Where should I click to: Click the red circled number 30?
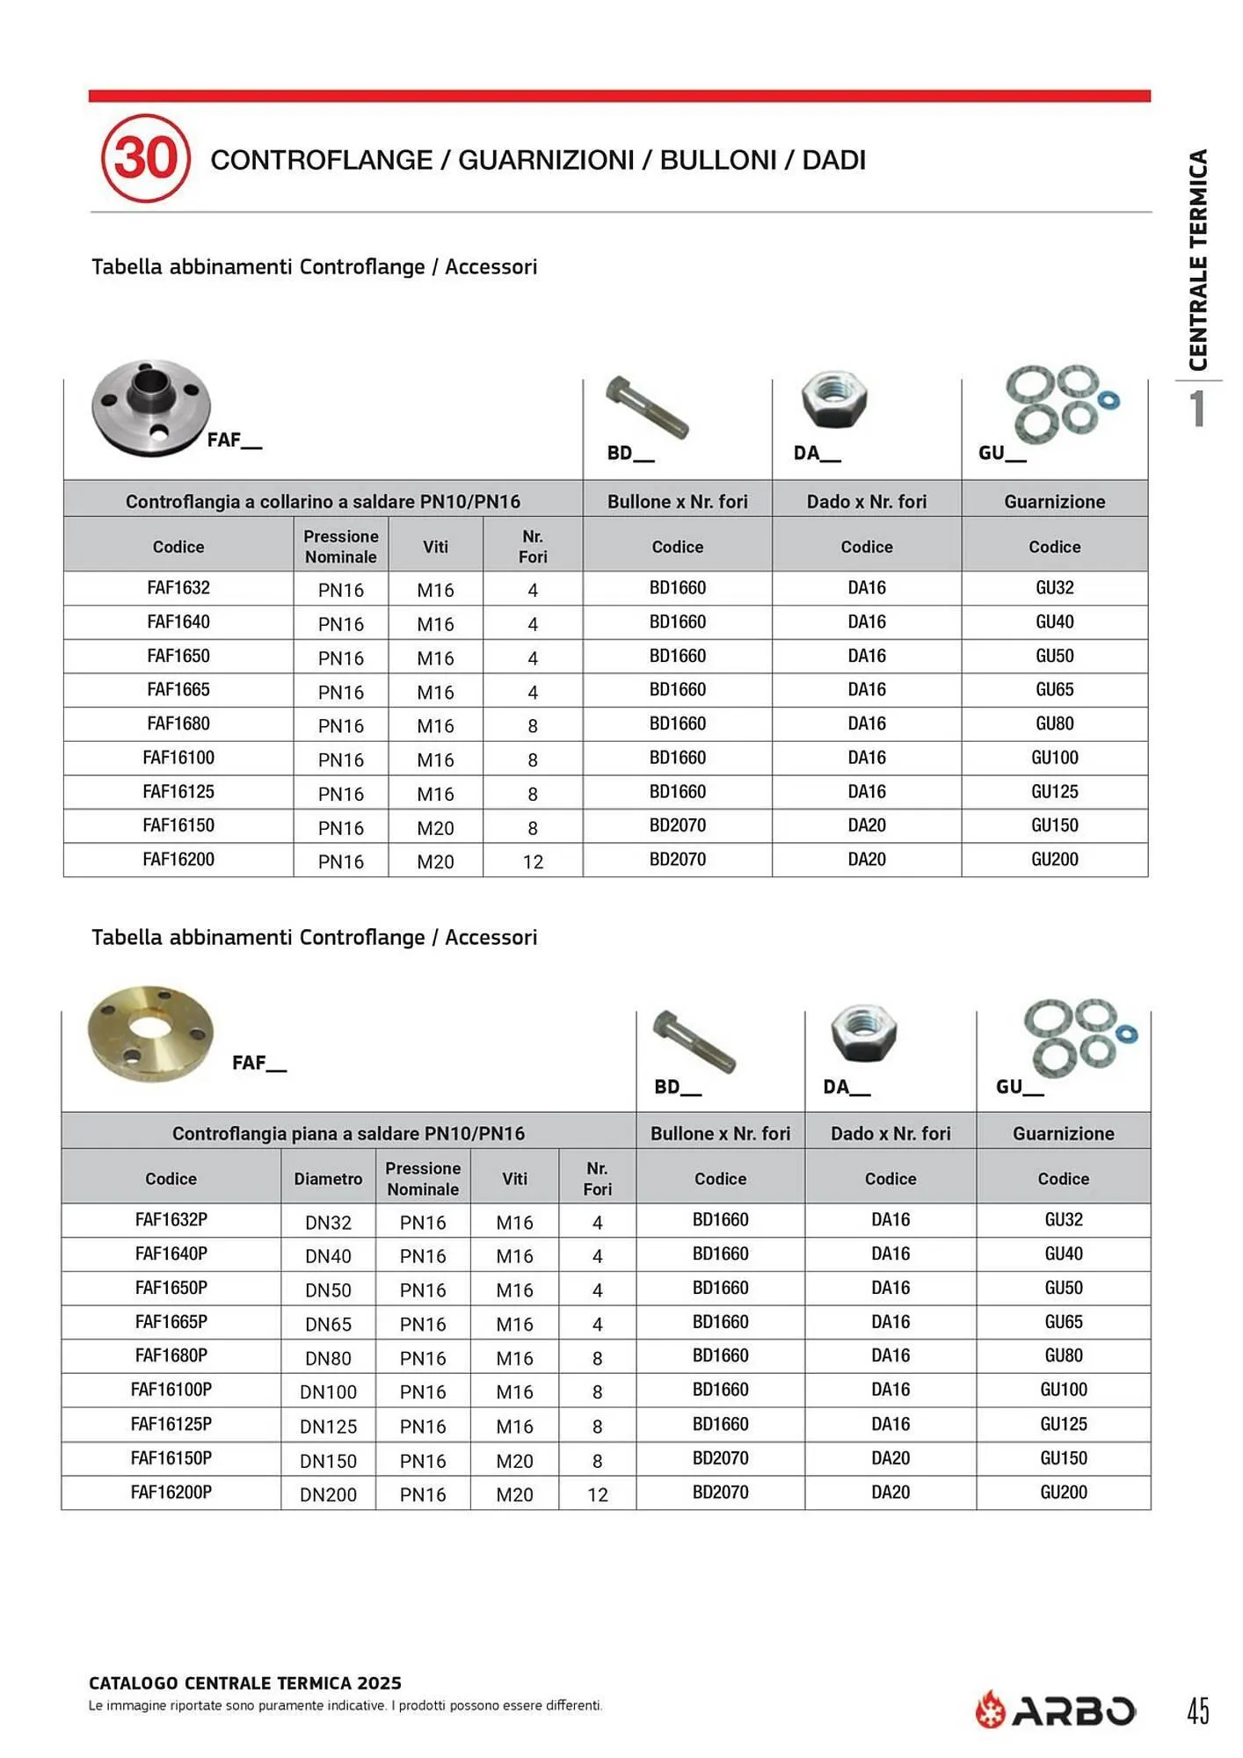pyautogui.click(x=145, y=158)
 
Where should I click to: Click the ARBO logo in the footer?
pyautogui.click(x=1055, y=1711)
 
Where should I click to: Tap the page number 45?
pyautogui.click(x=1198, y=1711)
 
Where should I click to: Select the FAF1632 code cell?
pyautogui.click(x=178, y=588)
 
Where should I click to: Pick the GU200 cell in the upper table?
pyautogui.click(x=1054, y=860)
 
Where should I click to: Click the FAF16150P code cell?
pyautogui.click(x=171, y=1458)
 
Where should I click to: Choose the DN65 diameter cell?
pyautogui.click(x=328, y=1324)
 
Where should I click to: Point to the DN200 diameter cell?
pyautogui.click(x=328, y=1494)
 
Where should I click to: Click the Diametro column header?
pyautogui.click(x=328, y=1179)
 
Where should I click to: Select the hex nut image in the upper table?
pyautogui.click(x=834, y=401)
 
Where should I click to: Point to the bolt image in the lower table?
pyautogui.click(x=694, y=1041)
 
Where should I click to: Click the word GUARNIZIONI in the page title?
pyautogui.click(x=546, y=160)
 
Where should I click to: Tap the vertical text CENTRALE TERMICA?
pyautogui.click(x=1197, y=260)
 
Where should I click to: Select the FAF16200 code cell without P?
pyautogui.click(x=178, y=860)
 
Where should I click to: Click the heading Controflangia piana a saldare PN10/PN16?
pyautogui.click(x=348, y=1133)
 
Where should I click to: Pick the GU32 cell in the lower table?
pyautogui.click(x=1063, y=1220)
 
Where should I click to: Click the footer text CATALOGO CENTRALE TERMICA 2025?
pyautogui.click(x=245, y=1682)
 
